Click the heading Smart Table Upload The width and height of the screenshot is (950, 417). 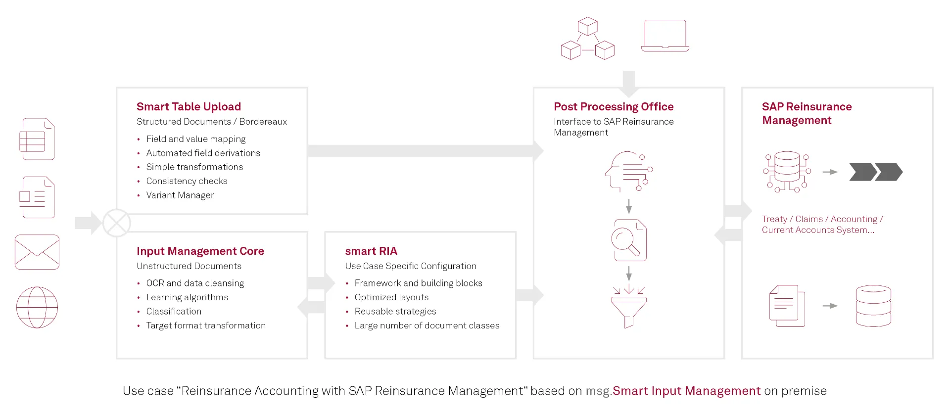point(189,107)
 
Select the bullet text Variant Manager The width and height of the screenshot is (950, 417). point(180,195)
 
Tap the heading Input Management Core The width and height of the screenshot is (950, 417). point(200,251)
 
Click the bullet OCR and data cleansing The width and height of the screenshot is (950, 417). point(195,283)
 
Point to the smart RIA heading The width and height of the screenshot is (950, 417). point(371,251)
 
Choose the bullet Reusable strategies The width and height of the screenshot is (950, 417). point(395,312)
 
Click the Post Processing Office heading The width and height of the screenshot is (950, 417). point(614,107)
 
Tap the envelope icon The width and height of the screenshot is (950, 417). point(37,252)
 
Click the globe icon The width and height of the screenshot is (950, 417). point(37,307)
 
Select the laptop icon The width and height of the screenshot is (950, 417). point(665,36)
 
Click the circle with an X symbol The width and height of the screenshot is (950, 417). point(117,223)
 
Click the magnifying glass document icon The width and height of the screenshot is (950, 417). point(629,240)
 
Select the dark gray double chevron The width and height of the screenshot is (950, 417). point(876,172)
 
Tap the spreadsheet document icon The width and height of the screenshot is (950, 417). point(37,139)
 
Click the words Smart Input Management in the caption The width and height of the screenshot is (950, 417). point(686,391)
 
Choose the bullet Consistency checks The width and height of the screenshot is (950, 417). point(187,182)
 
